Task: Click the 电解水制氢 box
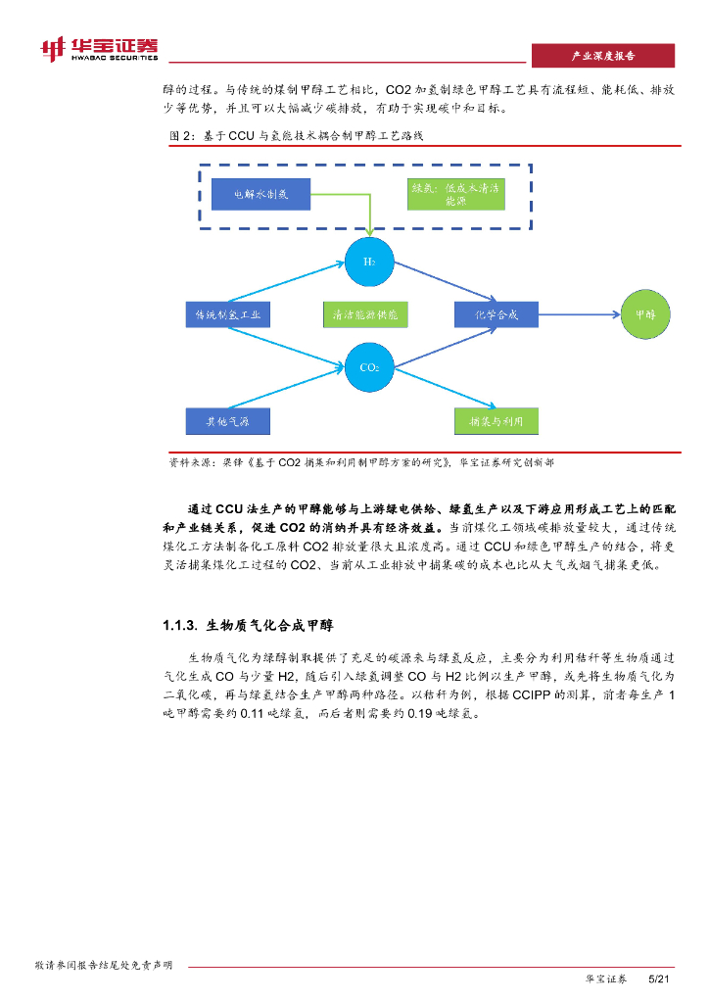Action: tap(260, 195)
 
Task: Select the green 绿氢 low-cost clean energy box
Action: tap(455, 195)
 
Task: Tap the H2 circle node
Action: tap(369, 262)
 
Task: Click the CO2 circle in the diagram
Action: tap(369, 367)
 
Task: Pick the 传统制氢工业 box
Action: tap(227, 314)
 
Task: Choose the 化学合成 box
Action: tap(496, 314)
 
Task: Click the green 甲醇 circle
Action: tap(645, 314)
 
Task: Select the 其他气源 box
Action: tap(227, 421)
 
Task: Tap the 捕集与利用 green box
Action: tap(496, 421)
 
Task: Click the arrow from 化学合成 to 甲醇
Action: tap(578, 314)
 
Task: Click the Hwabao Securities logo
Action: tap(97, 50)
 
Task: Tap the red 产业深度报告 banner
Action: tap(602, 56)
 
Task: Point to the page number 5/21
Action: tap(659, 979)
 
